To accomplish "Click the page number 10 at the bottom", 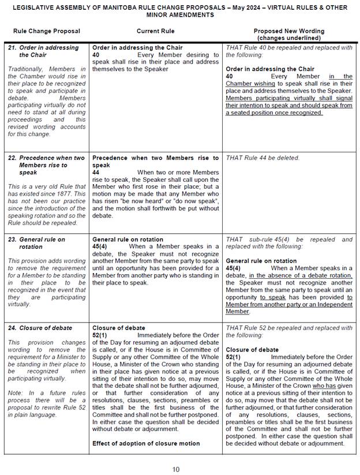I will pos(177,469).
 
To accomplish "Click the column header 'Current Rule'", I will pos(155,31).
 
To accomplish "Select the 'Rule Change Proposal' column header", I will pos(47,31).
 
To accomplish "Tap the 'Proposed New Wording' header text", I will pos(289,31).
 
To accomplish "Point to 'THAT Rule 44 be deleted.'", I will pos(262,158).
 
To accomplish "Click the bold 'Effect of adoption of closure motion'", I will pos(146,443).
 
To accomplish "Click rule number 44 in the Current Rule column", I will pos(96,172).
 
